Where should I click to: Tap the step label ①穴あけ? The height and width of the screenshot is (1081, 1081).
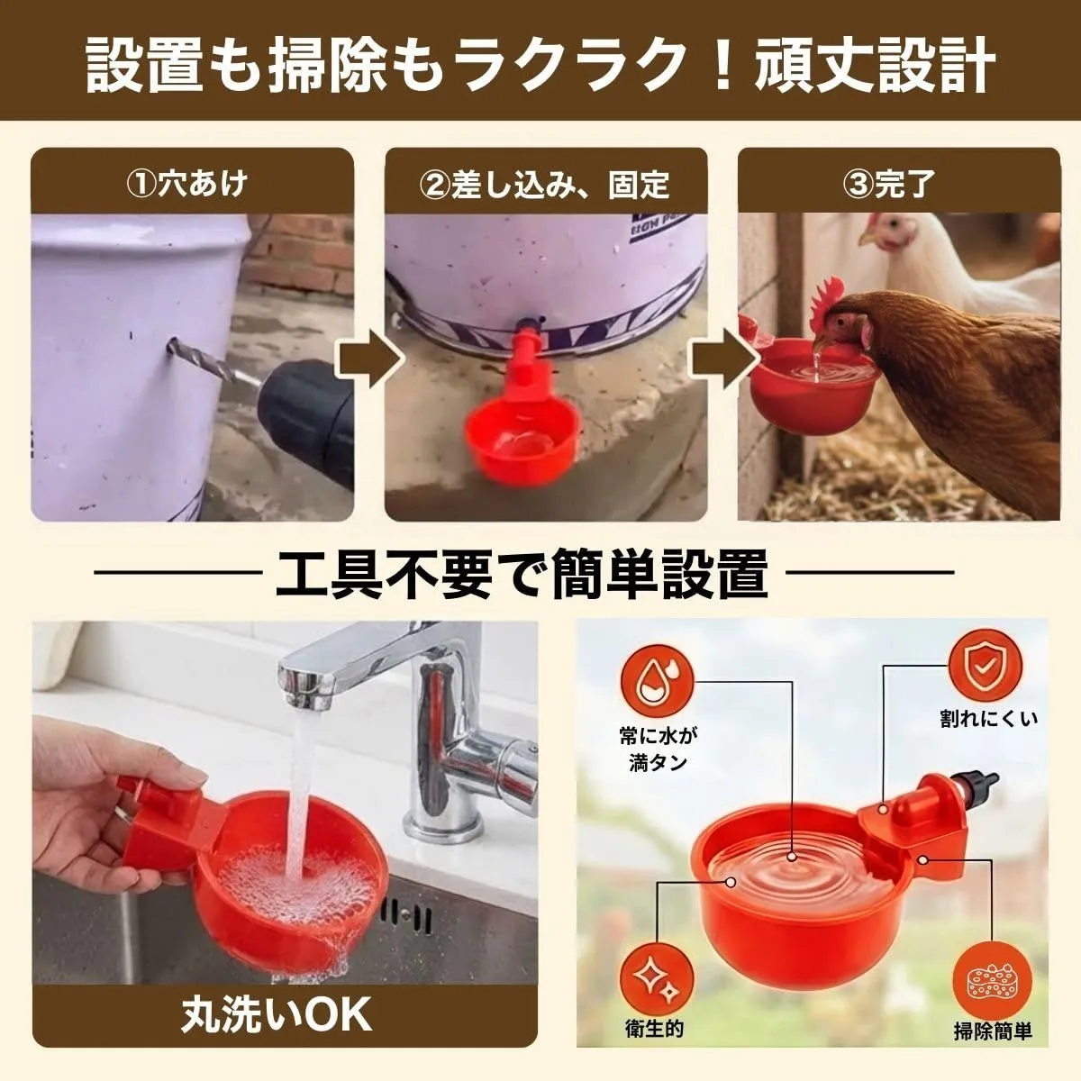(187, 184)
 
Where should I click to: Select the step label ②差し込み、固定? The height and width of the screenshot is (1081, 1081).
(545, 184)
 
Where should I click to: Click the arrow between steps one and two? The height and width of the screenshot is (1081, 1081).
(369, 359)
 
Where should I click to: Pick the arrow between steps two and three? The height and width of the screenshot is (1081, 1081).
(723, 359)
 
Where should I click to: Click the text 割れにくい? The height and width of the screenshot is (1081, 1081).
(989, 719)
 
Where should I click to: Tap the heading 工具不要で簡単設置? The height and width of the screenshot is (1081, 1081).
(522, 573)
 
